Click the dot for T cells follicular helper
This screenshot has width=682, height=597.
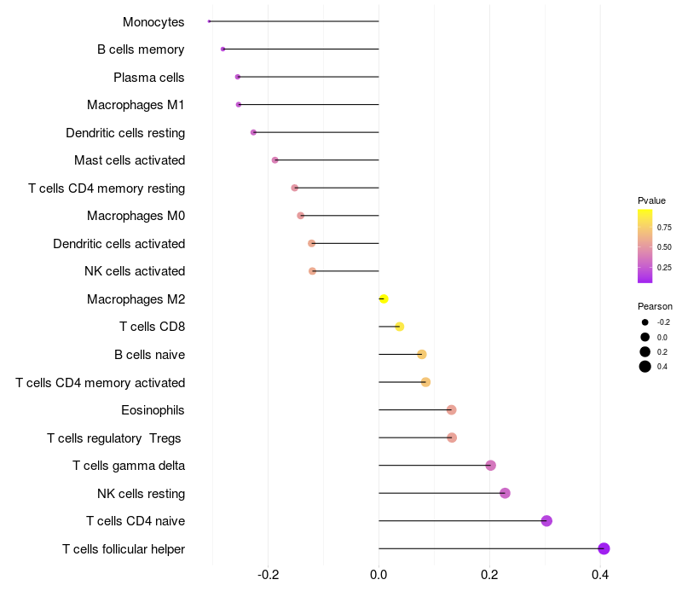(604, 548)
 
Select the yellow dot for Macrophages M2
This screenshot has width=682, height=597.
(384, 298)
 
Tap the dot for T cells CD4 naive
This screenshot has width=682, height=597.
(546, 521)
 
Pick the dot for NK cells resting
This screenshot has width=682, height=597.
(505, 493)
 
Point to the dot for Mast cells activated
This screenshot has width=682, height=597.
(275, 160)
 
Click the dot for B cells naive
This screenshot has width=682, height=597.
(421, 354)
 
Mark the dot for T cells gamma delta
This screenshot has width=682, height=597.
(490, 466)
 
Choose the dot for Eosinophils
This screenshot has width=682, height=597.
(451, 410)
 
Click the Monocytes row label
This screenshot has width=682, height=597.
(153, 22)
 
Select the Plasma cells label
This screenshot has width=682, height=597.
(149, 78)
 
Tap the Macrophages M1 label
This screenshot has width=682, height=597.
(136, 105)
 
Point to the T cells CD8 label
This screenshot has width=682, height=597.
(152, 327)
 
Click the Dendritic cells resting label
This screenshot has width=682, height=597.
(125, 133)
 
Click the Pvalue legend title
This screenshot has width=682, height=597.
(651, 200)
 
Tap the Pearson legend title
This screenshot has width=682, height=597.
(655, 306)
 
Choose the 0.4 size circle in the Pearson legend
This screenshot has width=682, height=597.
(645, 367)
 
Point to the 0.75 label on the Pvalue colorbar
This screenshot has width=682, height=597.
(664, 228)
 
